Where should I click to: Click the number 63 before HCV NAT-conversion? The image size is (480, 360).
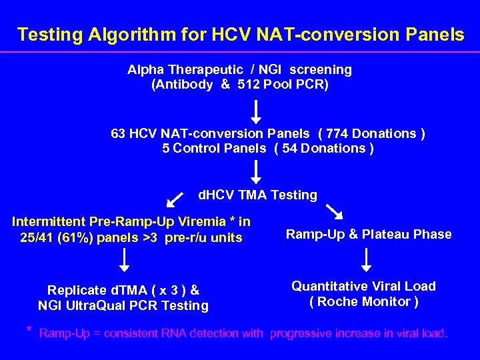(x=118, y=133)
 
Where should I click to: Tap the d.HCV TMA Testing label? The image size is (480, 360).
(x=258, y=195)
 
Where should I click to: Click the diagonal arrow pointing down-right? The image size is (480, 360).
(x=334, y=211)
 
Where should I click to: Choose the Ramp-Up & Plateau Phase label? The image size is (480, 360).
(x=369, y=234)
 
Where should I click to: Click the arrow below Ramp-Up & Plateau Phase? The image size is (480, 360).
(x=366, y=259)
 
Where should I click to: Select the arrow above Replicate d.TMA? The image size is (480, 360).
(x=123, y=260)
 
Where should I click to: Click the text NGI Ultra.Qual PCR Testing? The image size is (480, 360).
(x=123, y=306)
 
